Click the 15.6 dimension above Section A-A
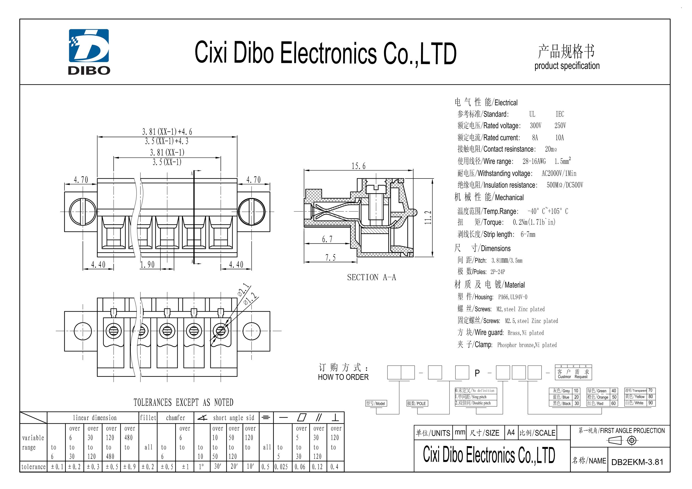click(358, 166)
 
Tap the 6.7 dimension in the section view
click(327, 239)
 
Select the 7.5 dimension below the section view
click(330, 258)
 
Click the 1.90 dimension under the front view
click(147, 265)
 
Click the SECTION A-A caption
click(371, 277)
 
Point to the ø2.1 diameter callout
click(244, 290)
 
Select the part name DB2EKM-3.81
click(637, 462)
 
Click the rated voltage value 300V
click(536, 125)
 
